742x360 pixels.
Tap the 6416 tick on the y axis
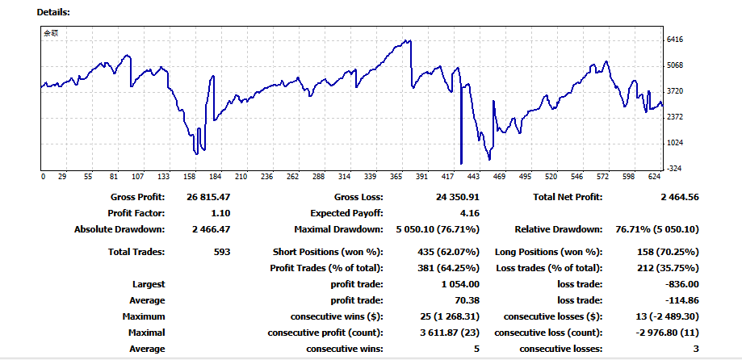[x=676, y=39]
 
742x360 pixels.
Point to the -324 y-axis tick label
[x=676, y=169]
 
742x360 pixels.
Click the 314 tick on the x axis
[x=344, y=176]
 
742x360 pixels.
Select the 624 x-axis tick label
[x=654, y=176]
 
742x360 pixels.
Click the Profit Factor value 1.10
[x=220, y=213]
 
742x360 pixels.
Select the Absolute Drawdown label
[x=119, y=229]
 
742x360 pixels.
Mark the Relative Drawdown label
[x=558, y=229]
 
